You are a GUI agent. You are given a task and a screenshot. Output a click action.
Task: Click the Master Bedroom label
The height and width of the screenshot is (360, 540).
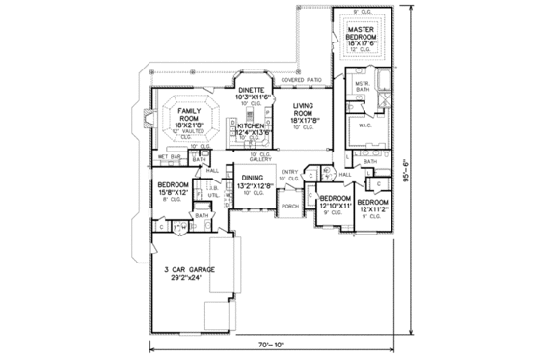click(x=366, y=37)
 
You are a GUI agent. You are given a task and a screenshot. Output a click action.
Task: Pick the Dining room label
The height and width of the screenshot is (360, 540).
click(x=253, y=180)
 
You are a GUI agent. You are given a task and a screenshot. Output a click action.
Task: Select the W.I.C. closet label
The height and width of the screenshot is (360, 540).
click(x=367, y=125)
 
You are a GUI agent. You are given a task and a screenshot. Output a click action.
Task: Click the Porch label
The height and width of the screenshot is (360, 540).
click(x=288, y=206)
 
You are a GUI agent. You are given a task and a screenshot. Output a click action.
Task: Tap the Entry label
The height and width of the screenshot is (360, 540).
click(x=290, y=173)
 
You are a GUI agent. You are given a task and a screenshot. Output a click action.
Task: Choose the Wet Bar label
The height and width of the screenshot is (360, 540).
click(x=171, y=155)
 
